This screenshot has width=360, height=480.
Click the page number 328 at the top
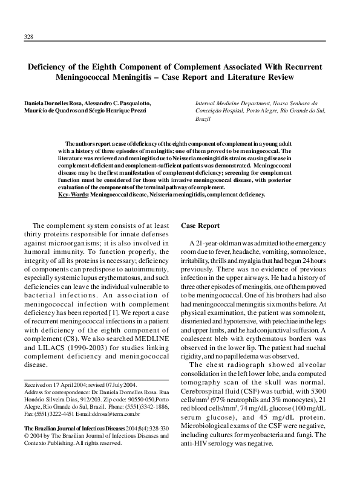[28, 37]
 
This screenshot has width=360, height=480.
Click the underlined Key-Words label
[73, 195]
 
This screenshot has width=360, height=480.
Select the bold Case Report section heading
[200, 225]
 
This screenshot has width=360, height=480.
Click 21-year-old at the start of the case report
[212, 242]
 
